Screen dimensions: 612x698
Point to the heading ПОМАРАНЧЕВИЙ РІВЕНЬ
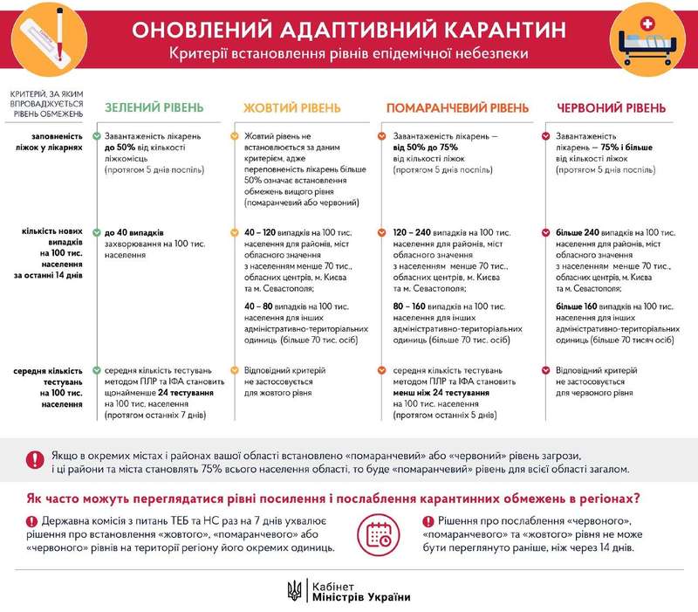456,108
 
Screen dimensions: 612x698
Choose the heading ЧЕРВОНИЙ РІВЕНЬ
611,108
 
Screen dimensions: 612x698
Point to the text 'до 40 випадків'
133,234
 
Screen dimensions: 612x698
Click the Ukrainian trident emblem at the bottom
294,590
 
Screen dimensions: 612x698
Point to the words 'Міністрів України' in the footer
359,597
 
